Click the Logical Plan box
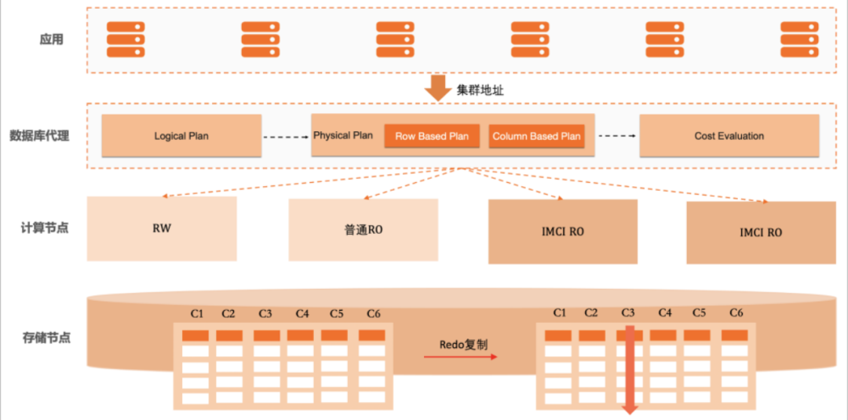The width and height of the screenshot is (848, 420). (x=181, y=136)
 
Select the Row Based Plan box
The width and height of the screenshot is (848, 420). (x=432, y=137)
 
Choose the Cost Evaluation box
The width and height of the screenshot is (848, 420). (x=729, y=136)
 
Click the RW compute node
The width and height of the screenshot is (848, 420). (x=162, y=228)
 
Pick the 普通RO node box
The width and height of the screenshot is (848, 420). (x=364, y=230)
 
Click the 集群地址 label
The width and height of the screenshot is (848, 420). (x=481, y=91)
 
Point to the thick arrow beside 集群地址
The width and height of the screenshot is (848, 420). (x=437, y=88)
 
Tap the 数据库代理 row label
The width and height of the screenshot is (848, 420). (x=39, y=136)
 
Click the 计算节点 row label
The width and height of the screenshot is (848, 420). (x=45, y=228)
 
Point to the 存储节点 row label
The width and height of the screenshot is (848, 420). (x=46, y=338)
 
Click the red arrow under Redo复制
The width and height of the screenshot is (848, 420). (x=460, y=357)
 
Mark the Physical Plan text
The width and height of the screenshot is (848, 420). (x=343, y=135)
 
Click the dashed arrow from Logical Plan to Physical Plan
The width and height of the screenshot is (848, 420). (x=286, y=137)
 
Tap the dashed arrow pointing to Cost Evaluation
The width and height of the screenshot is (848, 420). (x=617, y=136)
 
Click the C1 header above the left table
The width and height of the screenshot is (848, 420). (x=197, y=313)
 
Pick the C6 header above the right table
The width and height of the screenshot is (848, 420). (x=736, y=312)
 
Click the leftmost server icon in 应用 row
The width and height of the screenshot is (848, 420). (x=126, y=39)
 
